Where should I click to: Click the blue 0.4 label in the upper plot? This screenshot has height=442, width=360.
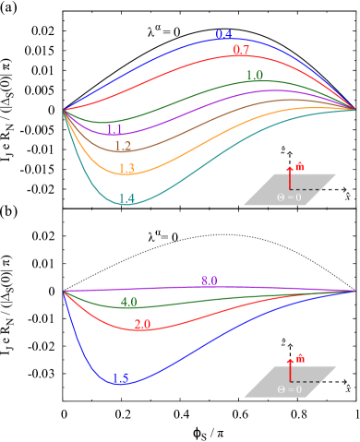223,35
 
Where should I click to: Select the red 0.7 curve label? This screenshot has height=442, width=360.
241,50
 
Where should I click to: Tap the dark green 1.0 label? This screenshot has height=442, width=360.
255,76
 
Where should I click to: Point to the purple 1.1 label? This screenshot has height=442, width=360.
114,130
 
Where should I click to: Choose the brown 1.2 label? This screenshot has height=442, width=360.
123,147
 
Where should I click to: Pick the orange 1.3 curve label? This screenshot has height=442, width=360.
126,169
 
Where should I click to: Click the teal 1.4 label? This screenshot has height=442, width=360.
126,198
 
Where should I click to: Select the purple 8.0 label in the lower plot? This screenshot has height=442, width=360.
210,281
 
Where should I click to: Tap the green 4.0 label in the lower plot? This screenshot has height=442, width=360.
128,302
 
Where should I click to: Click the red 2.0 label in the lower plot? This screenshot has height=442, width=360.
142,325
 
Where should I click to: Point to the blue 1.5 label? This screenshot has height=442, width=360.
121,378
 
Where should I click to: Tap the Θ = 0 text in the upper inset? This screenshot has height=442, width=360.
290,197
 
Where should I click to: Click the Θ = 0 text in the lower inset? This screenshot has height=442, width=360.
290,389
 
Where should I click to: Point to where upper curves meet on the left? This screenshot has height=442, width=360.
64,110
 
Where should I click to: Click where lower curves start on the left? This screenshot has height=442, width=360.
64,292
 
